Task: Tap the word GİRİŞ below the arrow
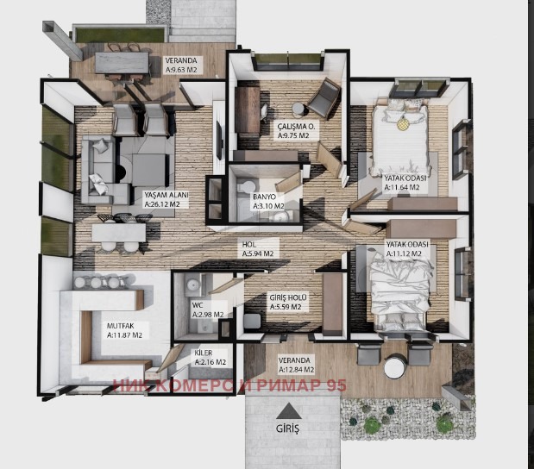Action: pyautogui.click(x=288, y=428)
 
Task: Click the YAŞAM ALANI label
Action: pyautogui.click(x=166, y=195)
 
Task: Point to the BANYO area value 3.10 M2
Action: pyautogui.click(x=268, y=206)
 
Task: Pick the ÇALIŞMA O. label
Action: pyautogui.click(x=296, y=126)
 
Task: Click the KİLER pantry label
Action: pyautogui.click(x=204, y=353)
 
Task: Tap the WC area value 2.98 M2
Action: pyautogui.click(x=208, y=315)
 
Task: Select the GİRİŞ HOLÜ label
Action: pyautogui.click(x=288, y=297)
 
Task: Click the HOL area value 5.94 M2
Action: pyautogui.click(x=258, y=253)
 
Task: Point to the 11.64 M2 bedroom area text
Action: pyautogui.click(x=402, y=188)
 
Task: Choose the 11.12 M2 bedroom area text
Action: pyautogui.click(x=404, y=253)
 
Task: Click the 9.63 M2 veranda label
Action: pyautogui.click(x=181, y=70)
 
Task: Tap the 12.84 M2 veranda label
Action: pyautogui.click(x=296, y=370)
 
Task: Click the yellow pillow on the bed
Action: pyautogui.click(x=404, y=124)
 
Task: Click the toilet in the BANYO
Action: pyautogui.click(x=247, y=186)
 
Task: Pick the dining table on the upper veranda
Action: pyautogui.click(x=122, y=63)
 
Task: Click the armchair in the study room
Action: pyautogui.click(x=324, y=98)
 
